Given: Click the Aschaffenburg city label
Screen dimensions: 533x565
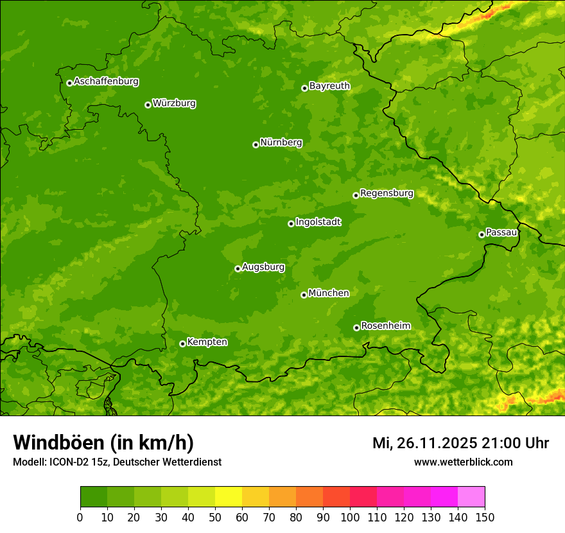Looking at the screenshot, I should coord(106,82).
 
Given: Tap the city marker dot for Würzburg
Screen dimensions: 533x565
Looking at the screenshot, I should coord(148,105).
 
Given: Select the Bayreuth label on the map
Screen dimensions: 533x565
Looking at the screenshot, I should coord(329,86).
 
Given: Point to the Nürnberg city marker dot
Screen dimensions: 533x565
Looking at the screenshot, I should coord(256,144).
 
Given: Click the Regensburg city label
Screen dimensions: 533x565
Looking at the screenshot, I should coord(387,193).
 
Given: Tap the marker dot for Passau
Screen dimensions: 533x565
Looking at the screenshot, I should coord(482,234).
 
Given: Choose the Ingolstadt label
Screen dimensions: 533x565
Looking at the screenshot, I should coord(318,222).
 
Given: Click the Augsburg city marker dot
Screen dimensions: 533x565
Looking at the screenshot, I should coord(238,268).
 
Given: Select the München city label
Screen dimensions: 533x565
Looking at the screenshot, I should coord(329,293).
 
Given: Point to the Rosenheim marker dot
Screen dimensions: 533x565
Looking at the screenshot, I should coord(356,328).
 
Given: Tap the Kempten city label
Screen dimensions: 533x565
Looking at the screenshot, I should coord(207,342).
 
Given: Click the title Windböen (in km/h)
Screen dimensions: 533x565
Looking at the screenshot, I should coord(103,442).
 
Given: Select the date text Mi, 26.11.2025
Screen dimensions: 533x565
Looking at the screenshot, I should coord(424,443).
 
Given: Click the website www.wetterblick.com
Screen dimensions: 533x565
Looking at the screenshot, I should coord(463,462).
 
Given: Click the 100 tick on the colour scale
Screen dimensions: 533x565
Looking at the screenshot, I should coord(350,517).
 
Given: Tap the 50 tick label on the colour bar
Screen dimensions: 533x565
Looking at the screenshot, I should coord(215,517).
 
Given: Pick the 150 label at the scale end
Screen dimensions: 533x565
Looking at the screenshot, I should coord(485,517).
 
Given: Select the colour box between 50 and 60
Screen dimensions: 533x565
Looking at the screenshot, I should coord(229,497).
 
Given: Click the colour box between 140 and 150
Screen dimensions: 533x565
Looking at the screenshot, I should coord(471,497).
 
